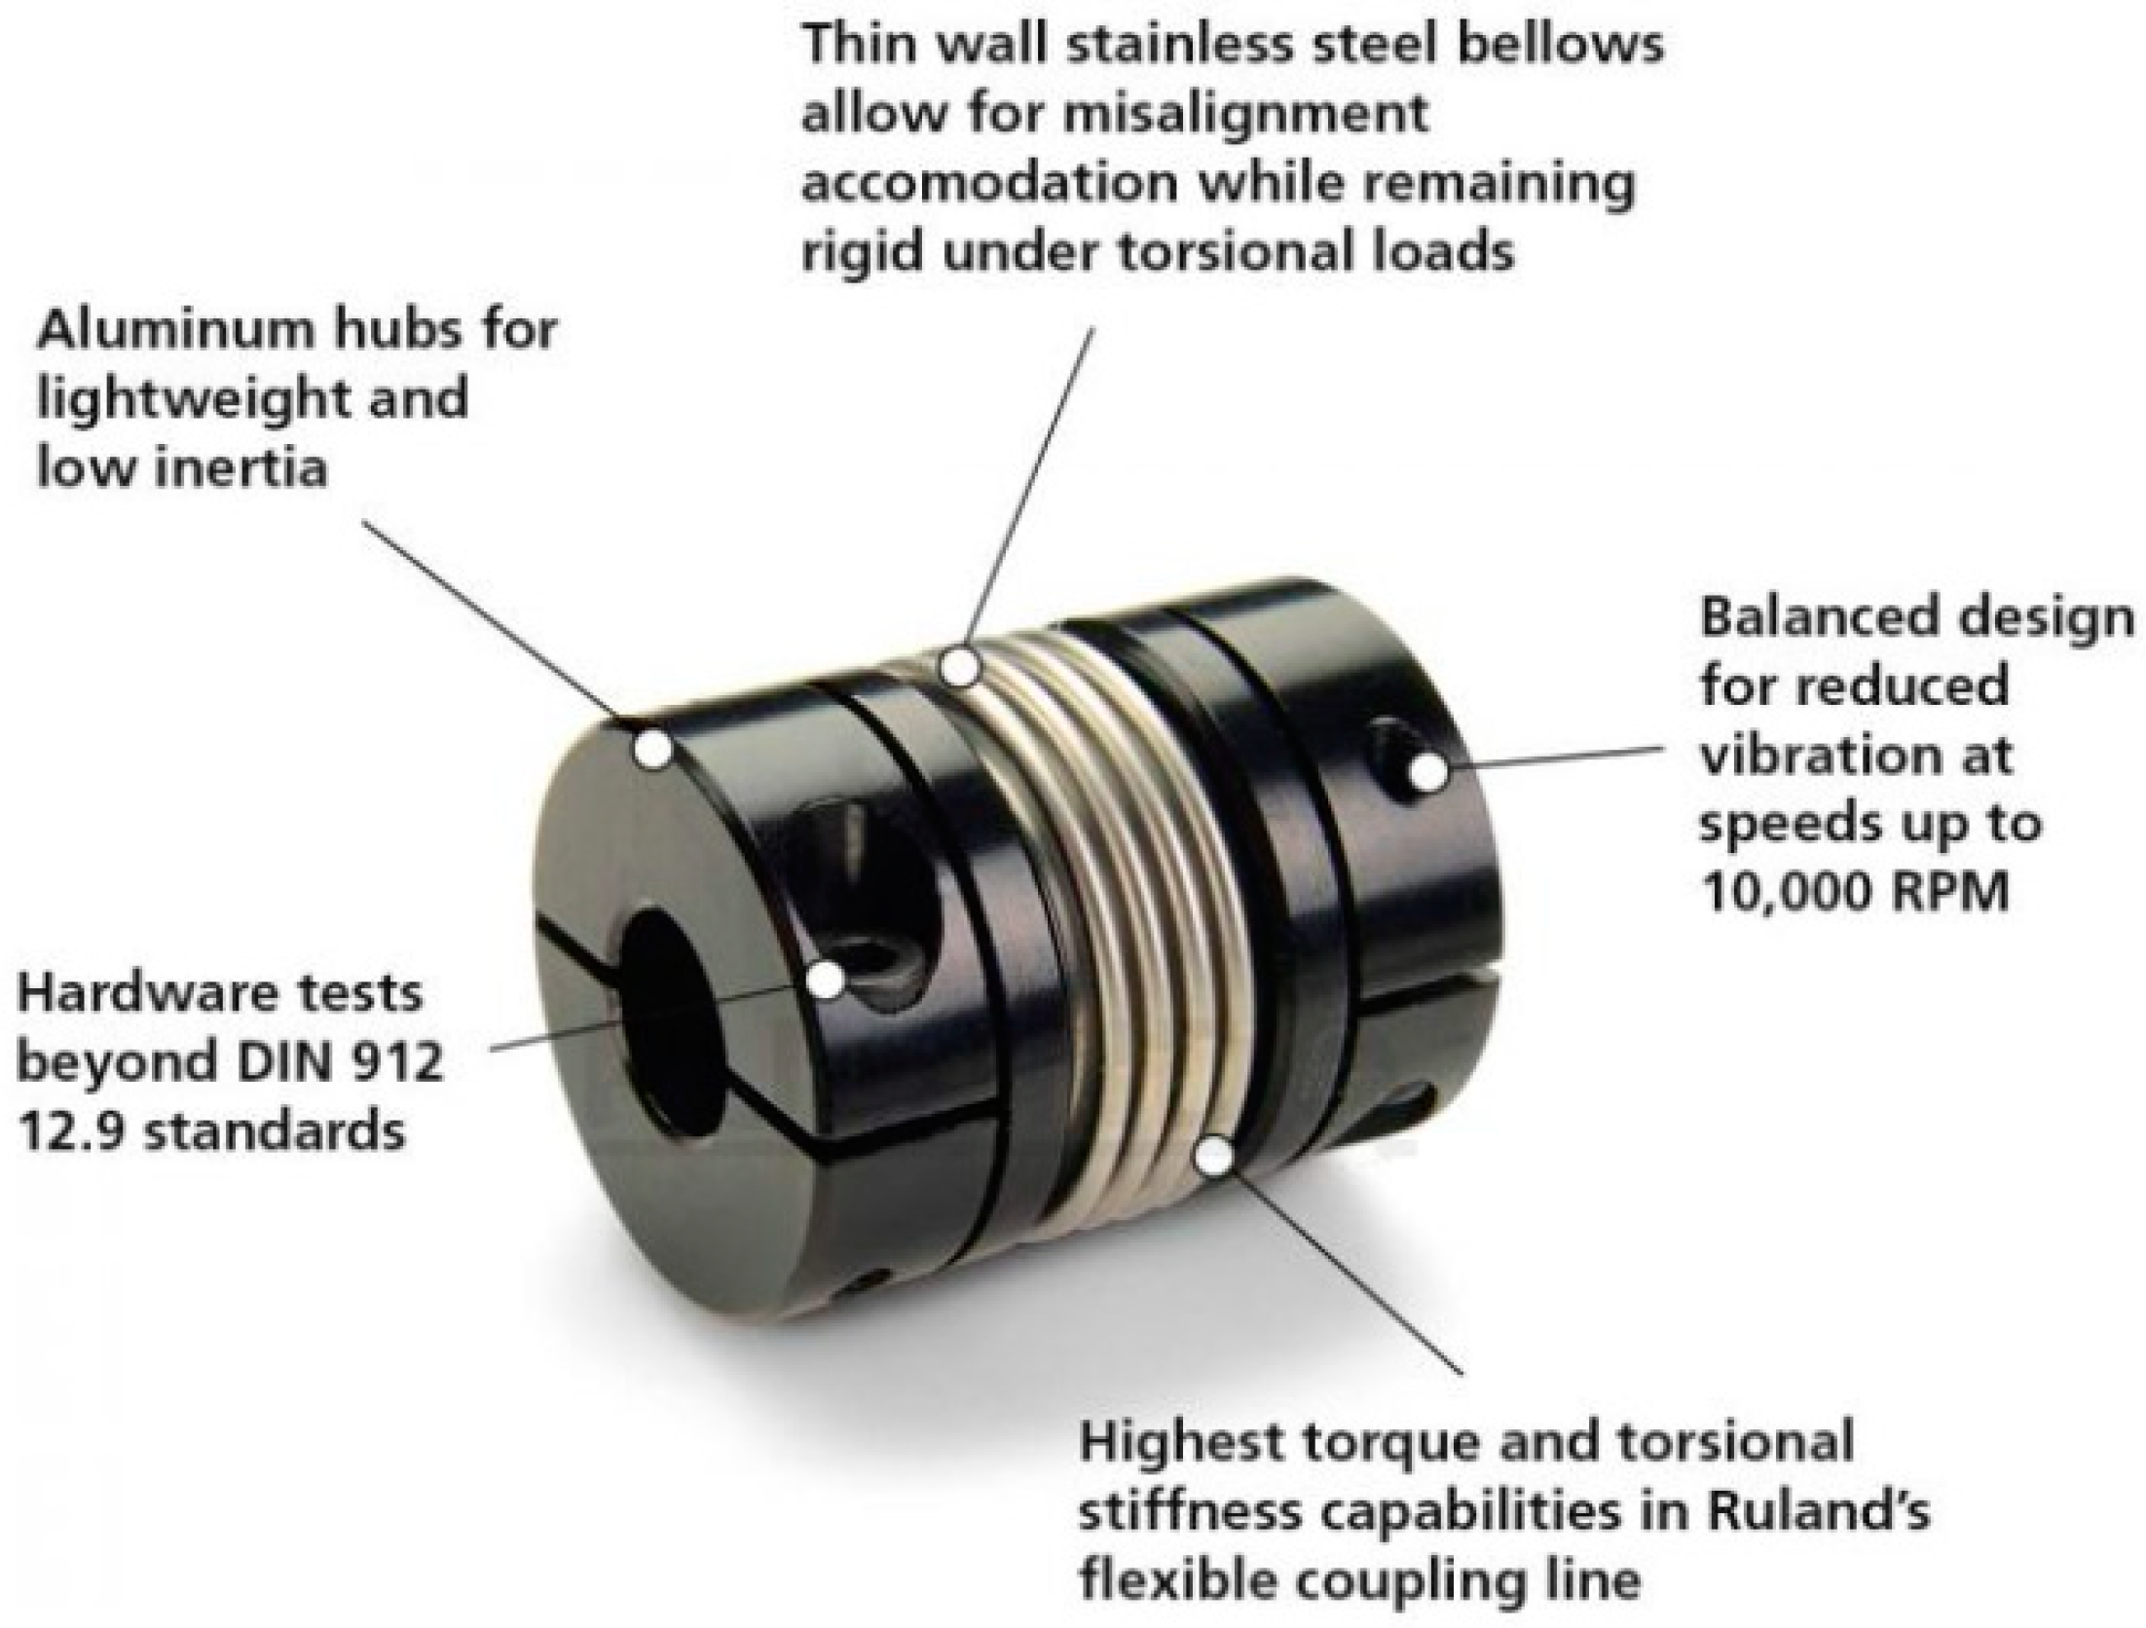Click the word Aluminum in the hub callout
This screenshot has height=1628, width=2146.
172,331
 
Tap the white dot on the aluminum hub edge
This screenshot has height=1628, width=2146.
653,750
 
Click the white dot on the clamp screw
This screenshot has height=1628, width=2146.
826,980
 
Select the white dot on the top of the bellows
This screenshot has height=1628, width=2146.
960,667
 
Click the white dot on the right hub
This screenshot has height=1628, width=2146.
1427,772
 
